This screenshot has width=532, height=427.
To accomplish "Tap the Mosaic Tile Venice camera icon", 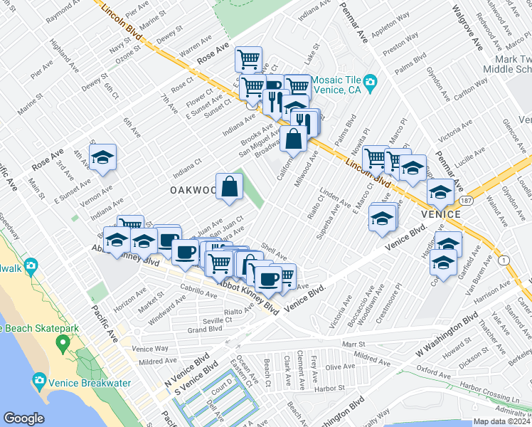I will [x=370, y=85].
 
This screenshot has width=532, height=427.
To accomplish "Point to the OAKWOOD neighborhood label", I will [x=193, y=190].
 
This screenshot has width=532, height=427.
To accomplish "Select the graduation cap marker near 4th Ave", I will [x=103, y=158].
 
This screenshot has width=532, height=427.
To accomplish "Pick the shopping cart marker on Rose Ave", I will [x=248, y=58].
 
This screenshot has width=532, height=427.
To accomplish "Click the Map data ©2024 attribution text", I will [x=501, y=421].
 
